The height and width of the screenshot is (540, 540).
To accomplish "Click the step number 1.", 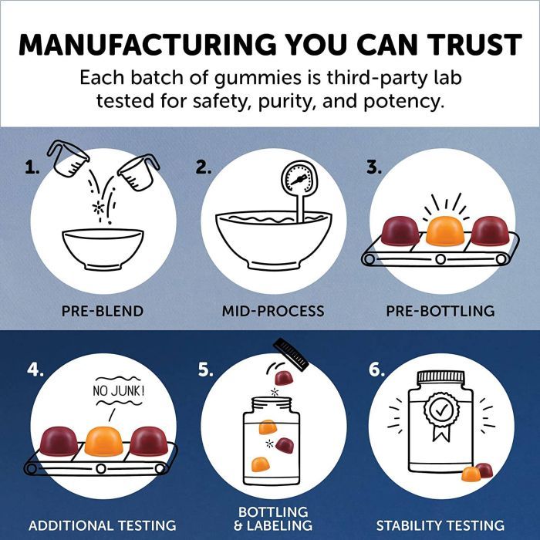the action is pos(32,167).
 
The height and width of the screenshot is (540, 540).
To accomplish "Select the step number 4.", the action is pos(35,370).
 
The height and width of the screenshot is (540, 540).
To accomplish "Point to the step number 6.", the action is pos(376,370).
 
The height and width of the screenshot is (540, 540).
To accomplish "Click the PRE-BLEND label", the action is pos(103,311).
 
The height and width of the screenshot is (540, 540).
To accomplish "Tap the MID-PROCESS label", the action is pos(273,311).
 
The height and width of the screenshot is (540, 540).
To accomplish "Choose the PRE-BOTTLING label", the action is pos(440,311).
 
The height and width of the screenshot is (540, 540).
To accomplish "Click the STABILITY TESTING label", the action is pos(440,525).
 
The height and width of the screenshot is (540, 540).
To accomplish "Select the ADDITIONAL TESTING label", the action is pos(103,525).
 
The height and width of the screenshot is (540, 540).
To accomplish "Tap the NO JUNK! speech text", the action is pos(118,391).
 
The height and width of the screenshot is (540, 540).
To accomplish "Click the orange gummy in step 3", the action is pos(445,231).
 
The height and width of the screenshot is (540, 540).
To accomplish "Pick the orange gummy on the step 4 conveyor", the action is pos(103,440).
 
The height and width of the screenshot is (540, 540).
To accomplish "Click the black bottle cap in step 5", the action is pos(291,354).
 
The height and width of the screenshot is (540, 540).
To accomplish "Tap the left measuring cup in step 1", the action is pos(68,159).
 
